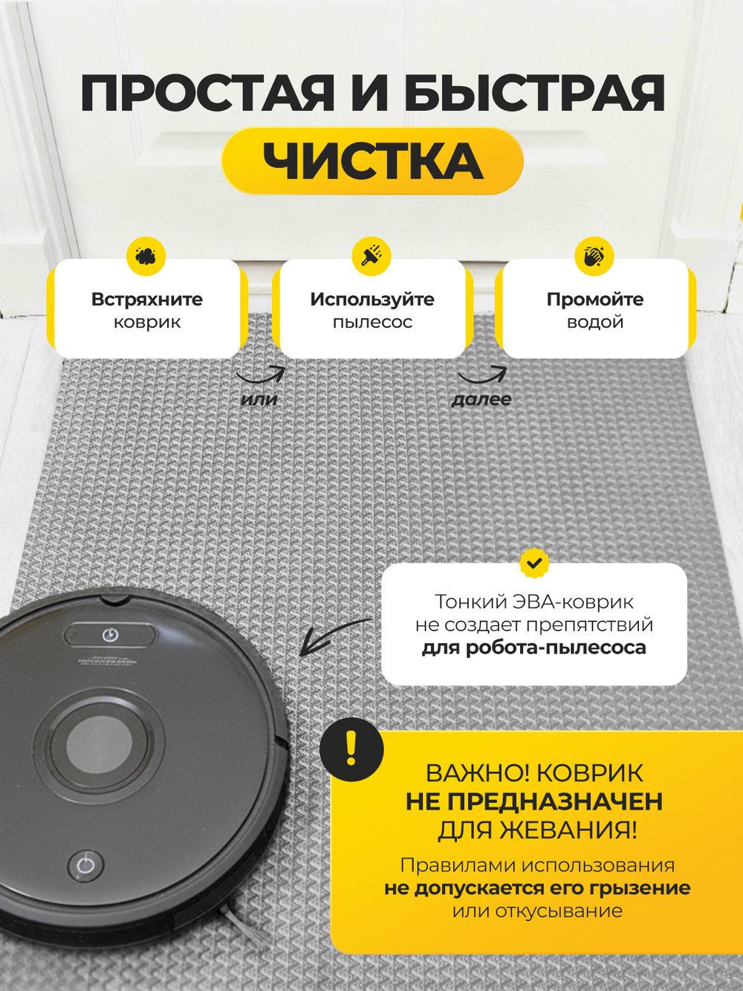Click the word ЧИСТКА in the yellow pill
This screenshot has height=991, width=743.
pyautogui.click(x=373, y=161)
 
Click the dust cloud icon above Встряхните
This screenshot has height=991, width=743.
pyautogui.click(x=146, y=256)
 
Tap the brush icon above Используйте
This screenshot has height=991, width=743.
pyautogui.click(x=371, y=256)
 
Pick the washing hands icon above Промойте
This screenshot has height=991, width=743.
pyautogui.click(x=594, y=256)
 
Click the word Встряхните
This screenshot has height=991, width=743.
pyautogui.click(x=147, y=300)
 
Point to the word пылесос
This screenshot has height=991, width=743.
pyautogui.click(x=373, y=323)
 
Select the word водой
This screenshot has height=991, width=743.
pyautogui.click(x=595, y=323)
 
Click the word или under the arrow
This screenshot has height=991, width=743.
pyautogui.click(x=259, y=399)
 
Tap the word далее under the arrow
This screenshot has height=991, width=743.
pyautogui.click(x=481, y=399)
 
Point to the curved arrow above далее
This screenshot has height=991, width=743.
pyautogui.click(x=484, y=378)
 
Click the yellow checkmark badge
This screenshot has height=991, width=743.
pyautogui.click(x=534, y=563)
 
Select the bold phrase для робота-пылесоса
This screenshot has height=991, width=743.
pyautogui.click(x=533, y=648)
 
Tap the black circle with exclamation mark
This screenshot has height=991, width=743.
pyautogui.click(x=351, y=749)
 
